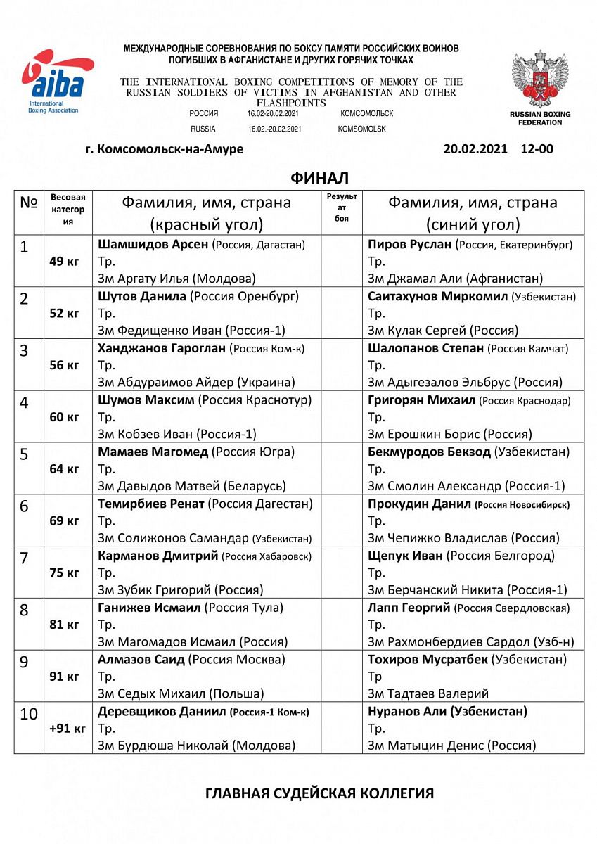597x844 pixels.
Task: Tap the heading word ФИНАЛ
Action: pos(319,178)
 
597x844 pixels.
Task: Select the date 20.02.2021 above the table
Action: pos(475,149)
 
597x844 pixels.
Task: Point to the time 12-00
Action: pos(537,149)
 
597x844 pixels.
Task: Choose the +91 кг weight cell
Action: pos(68,729)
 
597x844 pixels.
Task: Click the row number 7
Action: pos(24,558)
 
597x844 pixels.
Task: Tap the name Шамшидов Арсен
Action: pos(153,245)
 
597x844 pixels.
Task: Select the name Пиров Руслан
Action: pos(409,245)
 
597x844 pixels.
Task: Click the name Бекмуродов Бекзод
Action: pos(429,452)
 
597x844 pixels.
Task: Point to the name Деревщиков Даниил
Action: pos(162,711)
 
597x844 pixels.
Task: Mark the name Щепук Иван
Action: pos(405,556)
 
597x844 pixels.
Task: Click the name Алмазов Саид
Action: pos(141,660)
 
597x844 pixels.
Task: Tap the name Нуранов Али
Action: pos(406,711)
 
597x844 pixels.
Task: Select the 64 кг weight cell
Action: pos(64,469)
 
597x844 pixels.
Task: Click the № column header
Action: pos(28,203)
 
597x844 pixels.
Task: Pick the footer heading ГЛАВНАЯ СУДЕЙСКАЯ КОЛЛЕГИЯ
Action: pos(319,793)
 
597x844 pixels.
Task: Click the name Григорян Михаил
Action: pos(421,399)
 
